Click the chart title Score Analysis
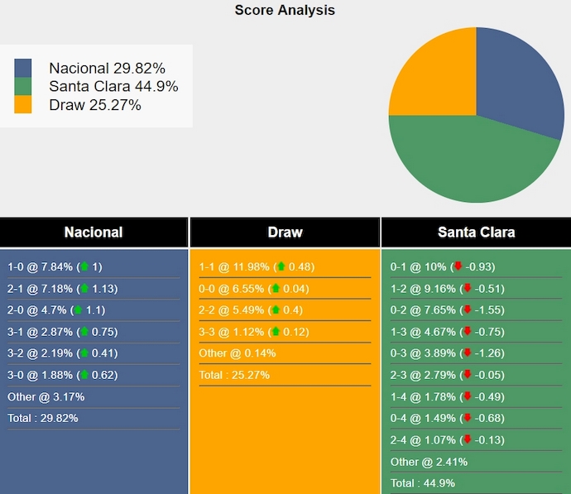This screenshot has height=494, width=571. click(285, 11)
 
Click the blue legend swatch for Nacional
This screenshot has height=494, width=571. click(23, 68)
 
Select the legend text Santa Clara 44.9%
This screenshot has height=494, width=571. click(113, 86)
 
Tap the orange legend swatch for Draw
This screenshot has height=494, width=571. click(23, 104)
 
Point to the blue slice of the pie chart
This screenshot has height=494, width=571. click(517, 79)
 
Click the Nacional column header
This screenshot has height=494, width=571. click(94, 233)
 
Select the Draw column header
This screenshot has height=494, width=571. click(285, 233)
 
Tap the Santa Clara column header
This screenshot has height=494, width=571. click(476, 233)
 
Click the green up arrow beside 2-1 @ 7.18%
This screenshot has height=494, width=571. click(84, 289)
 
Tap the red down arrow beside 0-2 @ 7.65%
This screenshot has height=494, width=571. click(468, 310)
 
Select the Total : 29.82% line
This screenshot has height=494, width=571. click(43, 419)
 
